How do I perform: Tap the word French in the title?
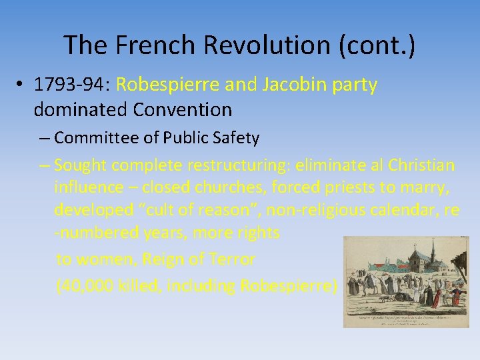(x=151, y=45)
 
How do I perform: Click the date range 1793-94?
(x=72, y=85)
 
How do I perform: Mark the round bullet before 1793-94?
(x=21, y=85)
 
